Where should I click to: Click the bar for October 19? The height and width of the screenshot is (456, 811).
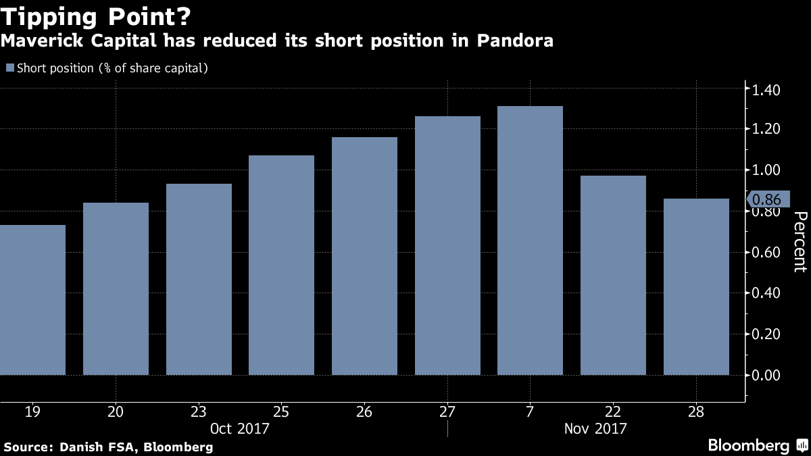point(32,300)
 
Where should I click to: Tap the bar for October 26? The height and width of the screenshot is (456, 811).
point(364,256)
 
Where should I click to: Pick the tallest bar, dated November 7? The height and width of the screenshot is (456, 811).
point(530,240)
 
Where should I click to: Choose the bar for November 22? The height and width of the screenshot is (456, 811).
point(613,275)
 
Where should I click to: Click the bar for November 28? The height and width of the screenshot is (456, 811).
point(696,286)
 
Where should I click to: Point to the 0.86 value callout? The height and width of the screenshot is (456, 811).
point(766,199)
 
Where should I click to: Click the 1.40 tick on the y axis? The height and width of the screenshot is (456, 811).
point(766,89)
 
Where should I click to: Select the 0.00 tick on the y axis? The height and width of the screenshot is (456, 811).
point(766,375)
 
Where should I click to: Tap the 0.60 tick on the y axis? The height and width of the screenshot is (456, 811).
point(766,253)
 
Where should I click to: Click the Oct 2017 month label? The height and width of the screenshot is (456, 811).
point(240,428)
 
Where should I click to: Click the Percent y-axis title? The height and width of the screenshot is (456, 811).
point(800,241)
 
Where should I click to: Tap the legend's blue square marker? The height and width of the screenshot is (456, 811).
point(9,68)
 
